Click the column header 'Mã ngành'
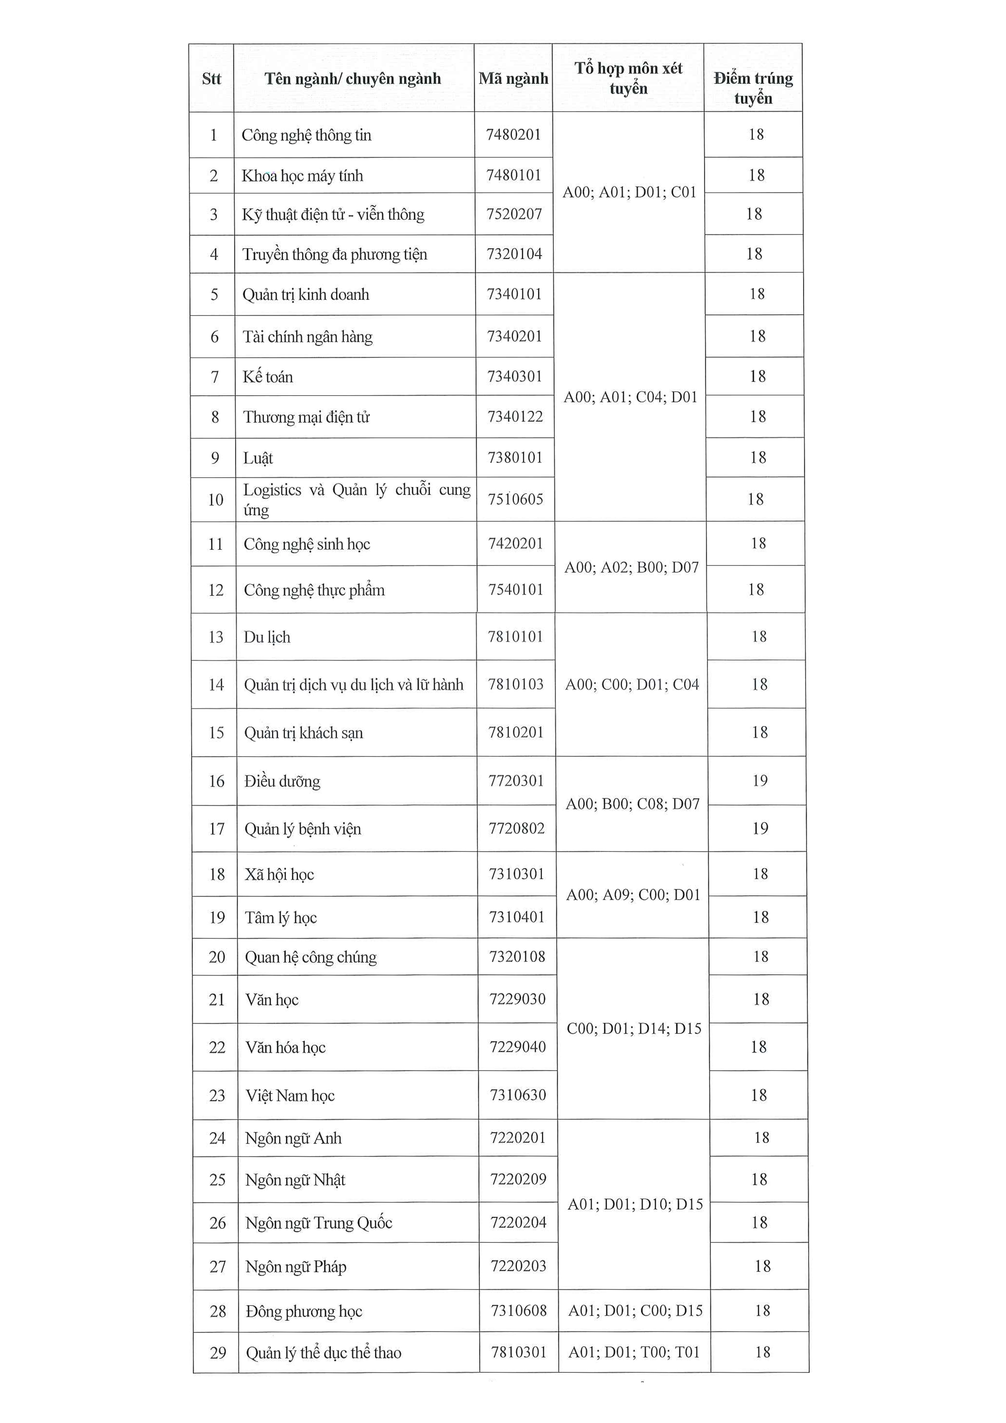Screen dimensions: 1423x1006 [513, 79]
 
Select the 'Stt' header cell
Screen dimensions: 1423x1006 [211, 79]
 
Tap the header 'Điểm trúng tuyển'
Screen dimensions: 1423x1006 [753, 88]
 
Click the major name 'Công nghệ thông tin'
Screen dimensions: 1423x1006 [306, 135]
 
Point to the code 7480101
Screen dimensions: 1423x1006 [514, 175]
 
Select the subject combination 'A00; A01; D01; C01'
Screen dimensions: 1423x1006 [629, 192]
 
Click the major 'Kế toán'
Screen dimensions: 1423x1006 [268, 377]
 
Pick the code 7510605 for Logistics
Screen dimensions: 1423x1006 [515, 499]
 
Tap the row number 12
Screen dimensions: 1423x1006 [216, 590]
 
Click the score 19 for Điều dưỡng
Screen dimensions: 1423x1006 [760, 781]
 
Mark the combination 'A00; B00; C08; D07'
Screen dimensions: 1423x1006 [632, 804]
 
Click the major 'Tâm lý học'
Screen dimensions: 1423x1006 [281, 918]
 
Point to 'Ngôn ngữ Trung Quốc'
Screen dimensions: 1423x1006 [318, 1223]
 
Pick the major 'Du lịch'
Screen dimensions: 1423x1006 [267, 637]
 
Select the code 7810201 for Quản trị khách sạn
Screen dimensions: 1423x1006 [516, 733]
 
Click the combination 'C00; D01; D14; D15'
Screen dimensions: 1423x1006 [634, 1029]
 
